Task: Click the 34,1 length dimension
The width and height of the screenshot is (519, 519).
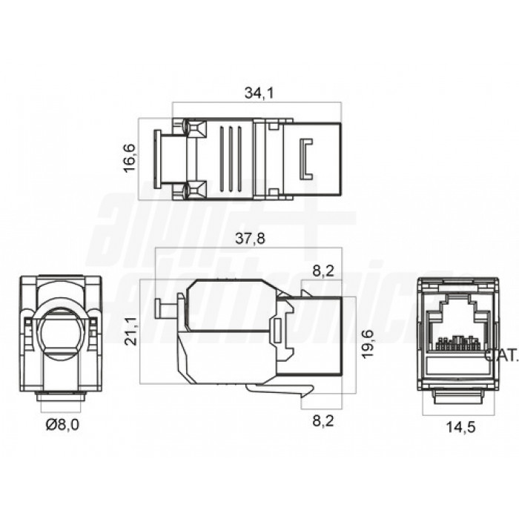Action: (x=256, y=93)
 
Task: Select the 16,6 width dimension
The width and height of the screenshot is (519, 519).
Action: (x=130, y=158)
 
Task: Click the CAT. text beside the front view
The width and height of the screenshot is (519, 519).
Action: (x=501, y=355)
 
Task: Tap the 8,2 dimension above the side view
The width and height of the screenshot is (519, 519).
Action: (x=322, y=271)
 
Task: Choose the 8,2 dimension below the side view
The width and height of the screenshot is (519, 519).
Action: (x=322, y=423)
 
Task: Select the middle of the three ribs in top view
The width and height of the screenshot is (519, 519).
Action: (x=230, y=159)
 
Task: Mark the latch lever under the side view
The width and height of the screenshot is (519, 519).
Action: (x=278, y=389)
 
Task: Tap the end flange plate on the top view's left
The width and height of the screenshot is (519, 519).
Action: (x=156, y=159)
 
